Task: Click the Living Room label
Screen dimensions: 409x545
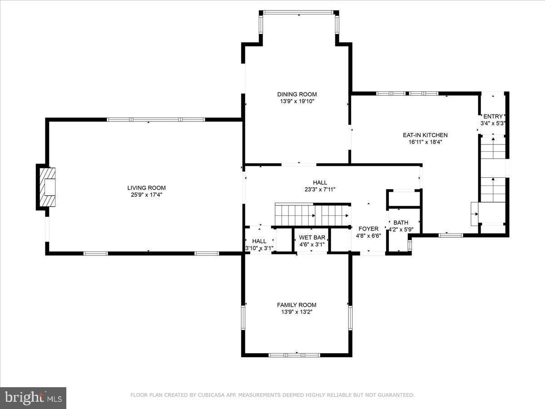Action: click(146, 188)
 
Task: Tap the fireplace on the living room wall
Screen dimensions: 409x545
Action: click(47, 187)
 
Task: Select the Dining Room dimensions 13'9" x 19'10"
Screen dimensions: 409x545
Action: click(297, 101)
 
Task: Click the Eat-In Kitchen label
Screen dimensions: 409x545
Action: click(425, 135)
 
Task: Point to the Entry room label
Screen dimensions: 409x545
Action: click(493, 116)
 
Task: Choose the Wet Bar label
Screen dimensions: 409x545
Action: click(312, 237)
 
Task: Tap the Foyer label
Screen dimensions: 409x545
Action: click(368, 229)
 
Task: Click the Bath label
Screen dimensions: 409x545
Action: click(401, 222)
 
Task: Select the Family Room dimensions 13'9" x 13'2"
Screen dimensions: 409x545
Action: click(297, 312)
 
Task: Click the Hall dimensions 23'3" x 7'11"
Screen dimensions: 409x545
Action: click(320, 190)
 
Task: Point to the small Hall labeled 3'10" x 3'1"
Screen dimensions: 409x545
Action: click(259, 241)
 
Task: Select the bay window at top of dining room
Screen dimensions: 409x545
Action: click(299, 13)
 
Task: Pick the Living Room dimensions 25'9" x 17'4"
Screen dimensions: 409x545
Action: click(146, 195)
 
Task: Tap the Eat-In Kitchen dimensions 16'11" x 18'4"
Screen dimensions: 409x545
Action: click(425, 142)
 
